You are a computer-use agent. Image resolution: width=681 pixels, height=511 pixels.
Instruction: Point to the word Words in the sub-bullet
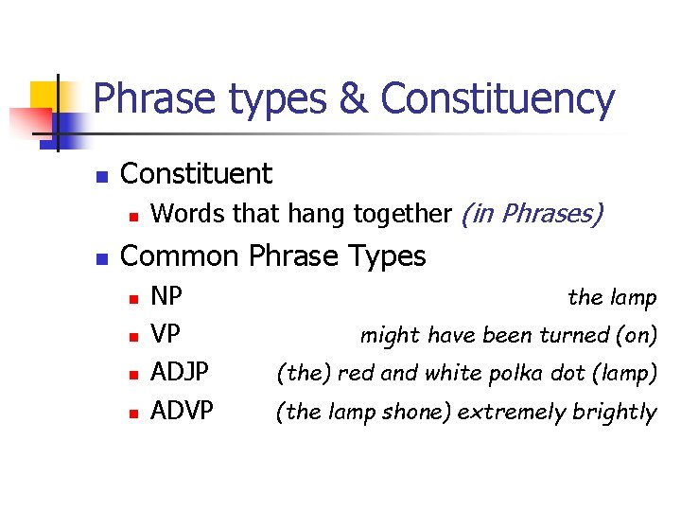[189, 215]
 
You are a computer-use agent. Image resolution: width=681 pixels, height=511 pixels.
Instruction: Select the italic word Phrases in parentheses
[550, 215]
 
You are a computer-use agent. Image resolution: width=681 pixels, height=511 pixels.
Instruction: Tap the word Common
[182, 256]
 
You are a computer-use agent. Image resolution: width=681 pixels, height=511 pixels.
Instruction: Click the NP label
[166, 297]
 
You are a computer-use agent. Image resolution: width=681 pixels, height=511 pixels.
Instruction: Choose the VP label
[166, 335]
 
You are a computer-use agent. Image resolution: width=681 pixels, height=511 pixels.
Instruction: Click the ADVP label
[182, 411]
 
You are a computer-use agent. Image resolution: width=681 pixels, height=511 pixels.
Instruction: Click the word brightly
[614, 412]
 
